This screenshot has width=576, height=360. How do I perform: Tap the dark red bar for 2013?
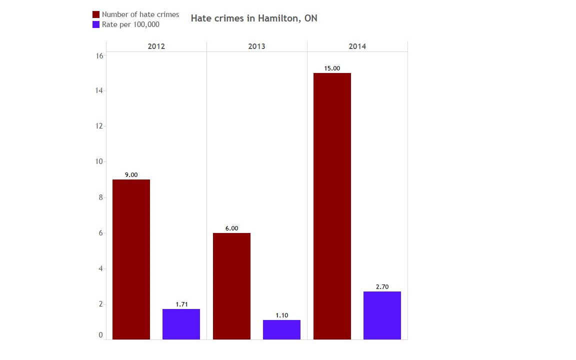click(231, 286)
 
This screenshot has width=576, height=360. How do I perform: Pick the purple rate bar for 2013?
click(281, 329)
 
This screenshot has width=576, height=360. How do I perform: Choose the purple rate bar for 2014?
click(382, 315)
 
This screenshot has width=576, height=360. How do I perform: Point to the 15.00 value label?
click(332, 68)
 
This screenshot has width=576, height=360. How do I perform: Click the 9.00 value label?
click(131, 175)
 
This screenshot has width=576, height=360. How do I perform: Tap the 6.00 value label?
click(231, 228)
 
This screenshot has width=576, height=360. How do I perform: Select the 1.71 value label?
click(181, 304)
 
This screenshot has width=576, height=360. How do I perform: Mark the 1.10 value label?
click(281, 315)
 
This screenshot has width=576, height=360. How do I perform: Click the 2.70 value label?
click(382, 287)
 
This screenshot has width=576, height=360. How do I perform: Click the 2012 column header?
click(156, 46)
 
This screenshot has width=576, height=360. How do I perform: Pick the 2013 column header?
click(256, 46)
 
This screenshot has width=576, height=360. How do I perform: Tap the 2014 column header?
click(357, 46)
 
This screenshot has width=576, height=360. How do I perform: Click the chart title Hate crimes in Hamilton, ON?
click(254, 18)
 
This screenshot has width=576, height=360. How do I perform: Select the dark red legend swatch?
click(96, 14)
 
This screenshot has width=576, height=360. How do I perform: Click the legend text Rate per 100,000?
click(130, 24)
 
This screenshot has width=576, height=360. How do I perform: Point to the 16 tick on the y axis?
click(99, 55)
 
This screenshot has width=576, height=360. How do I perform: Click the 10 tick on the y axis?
click(99, 162)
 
